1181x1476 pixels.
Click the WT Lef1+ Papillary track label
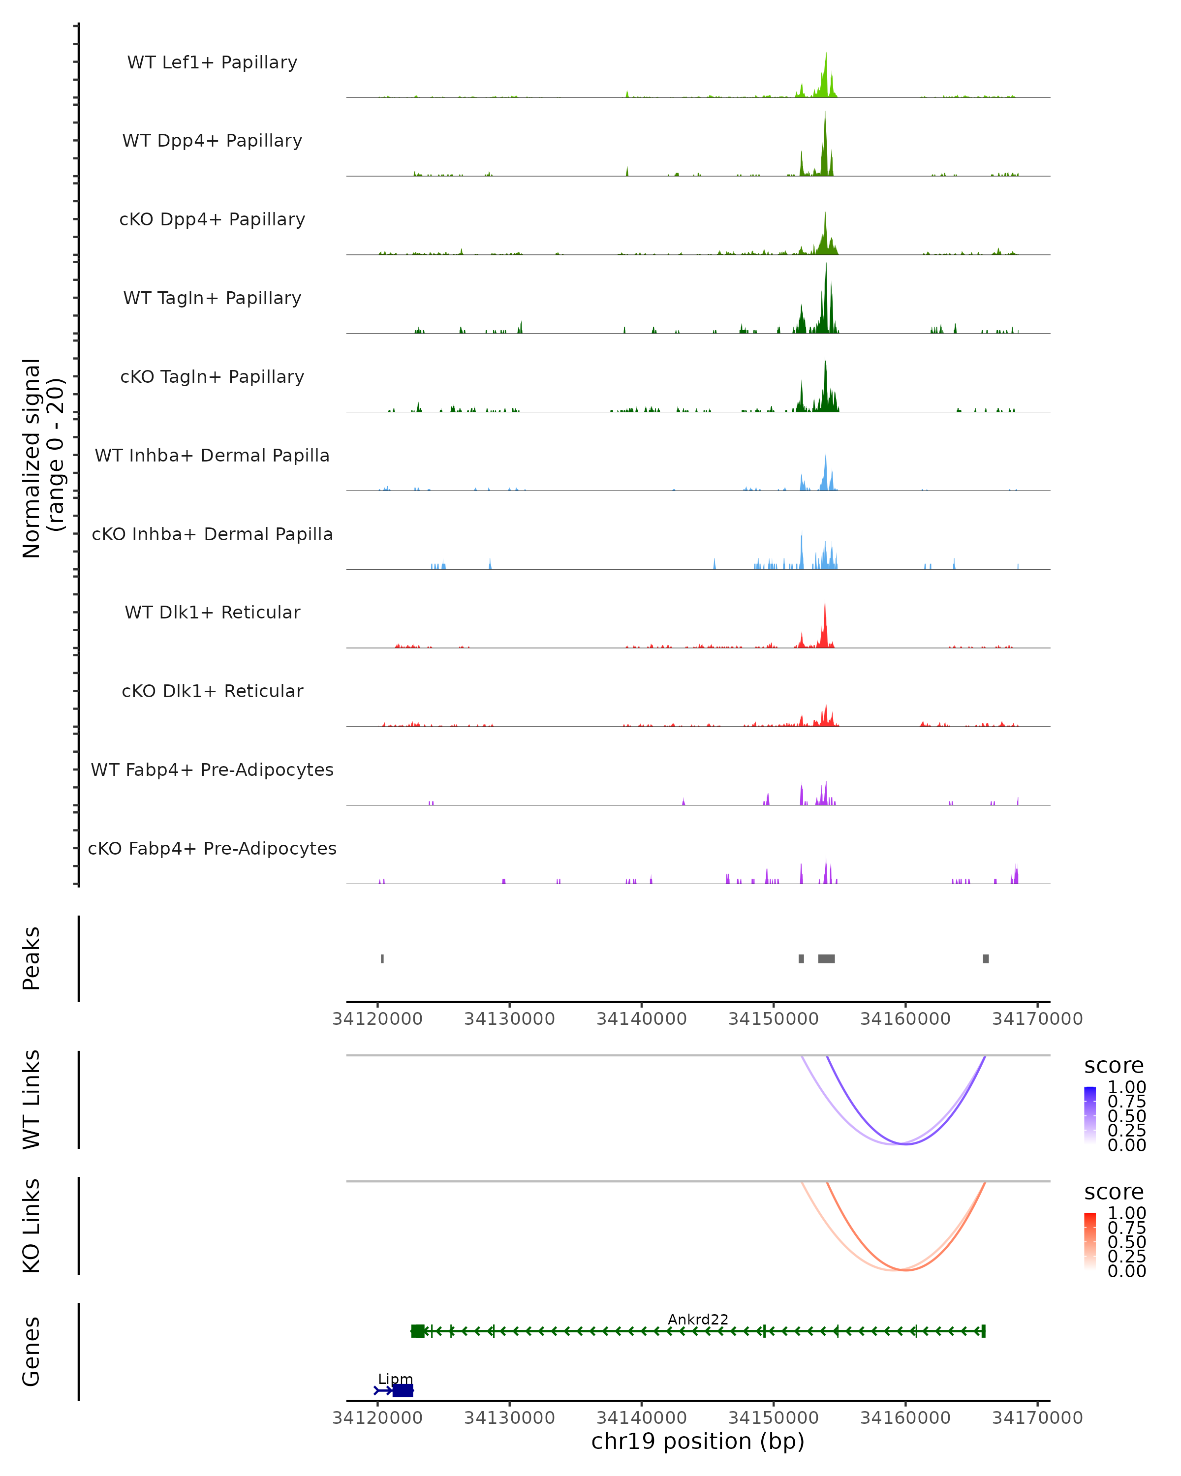tap(212, 62)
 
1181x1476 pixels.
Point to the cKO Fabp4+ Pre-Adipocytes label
tap(212, 848)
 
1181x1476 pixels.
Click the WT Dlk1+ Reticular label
tap(212, 612)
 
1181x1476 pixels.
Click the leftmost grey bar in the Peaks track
tap(382, 958)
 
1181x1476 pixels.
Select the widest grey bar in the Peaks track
tap(826, 958)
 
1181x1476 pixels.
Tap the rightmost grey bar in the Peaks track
tap(986, 958)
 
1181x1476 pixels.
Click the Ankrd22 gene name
tap(698, 1319)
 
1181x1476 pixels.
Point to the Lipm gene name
tap(395, 1379)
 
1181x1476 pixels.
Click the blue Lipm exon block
tap(403, 1390)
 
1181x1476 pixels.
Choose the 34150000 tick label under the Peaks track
tap(773, 1019)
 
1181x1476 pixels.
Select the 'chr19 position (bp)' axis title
tap(698, 1442)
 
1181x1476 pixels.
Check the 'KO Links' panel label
tap(31, 1226)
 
